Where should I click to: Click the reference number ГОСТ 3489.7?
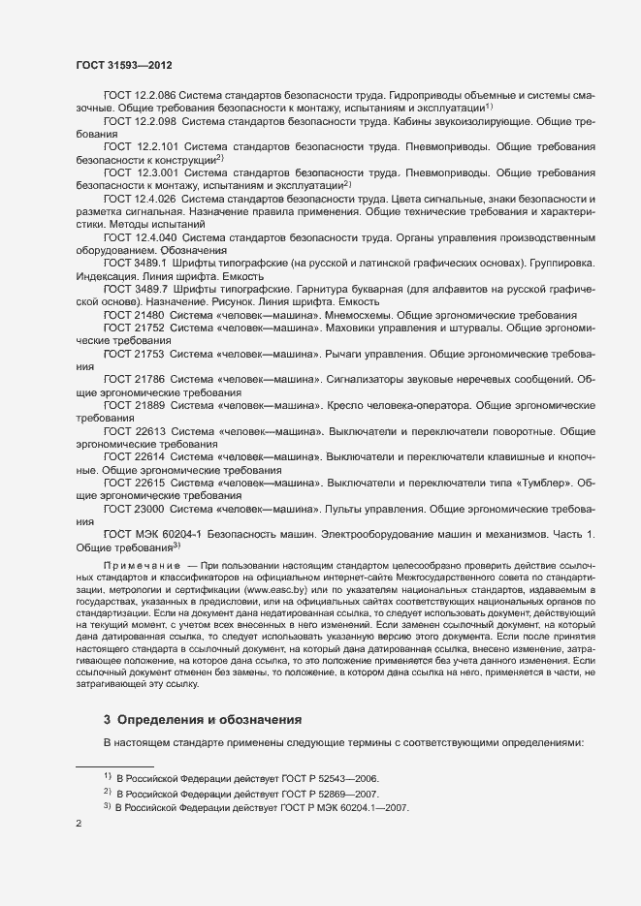[x=137, y=287]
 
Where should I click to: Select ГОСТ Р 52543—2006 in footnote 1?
[x=324, y=778]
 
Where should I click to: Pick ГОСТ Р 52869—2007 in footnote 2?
[x=324, y=793]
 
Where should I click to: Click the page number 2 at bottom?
[x=80, y=823]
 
